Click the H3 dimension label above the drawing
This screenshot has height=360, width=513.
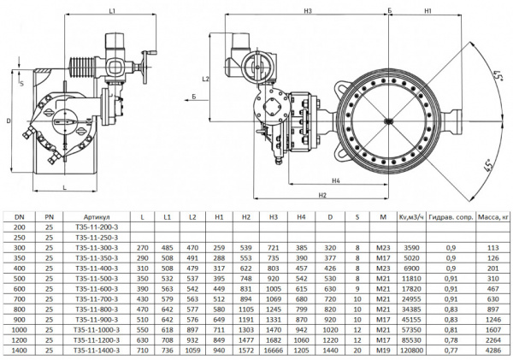tap(307, 10)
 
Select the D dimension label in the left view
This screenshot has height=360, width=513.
tap(8, 120)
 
